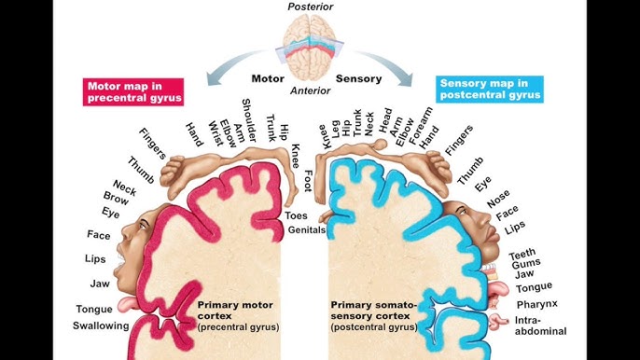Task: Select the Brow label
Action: click(117, 199)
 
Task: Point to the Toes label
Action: click(296, 215)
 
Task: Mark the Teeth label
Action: click(522, 256)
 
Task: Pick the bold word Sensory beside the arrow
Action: click(358, 79)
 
